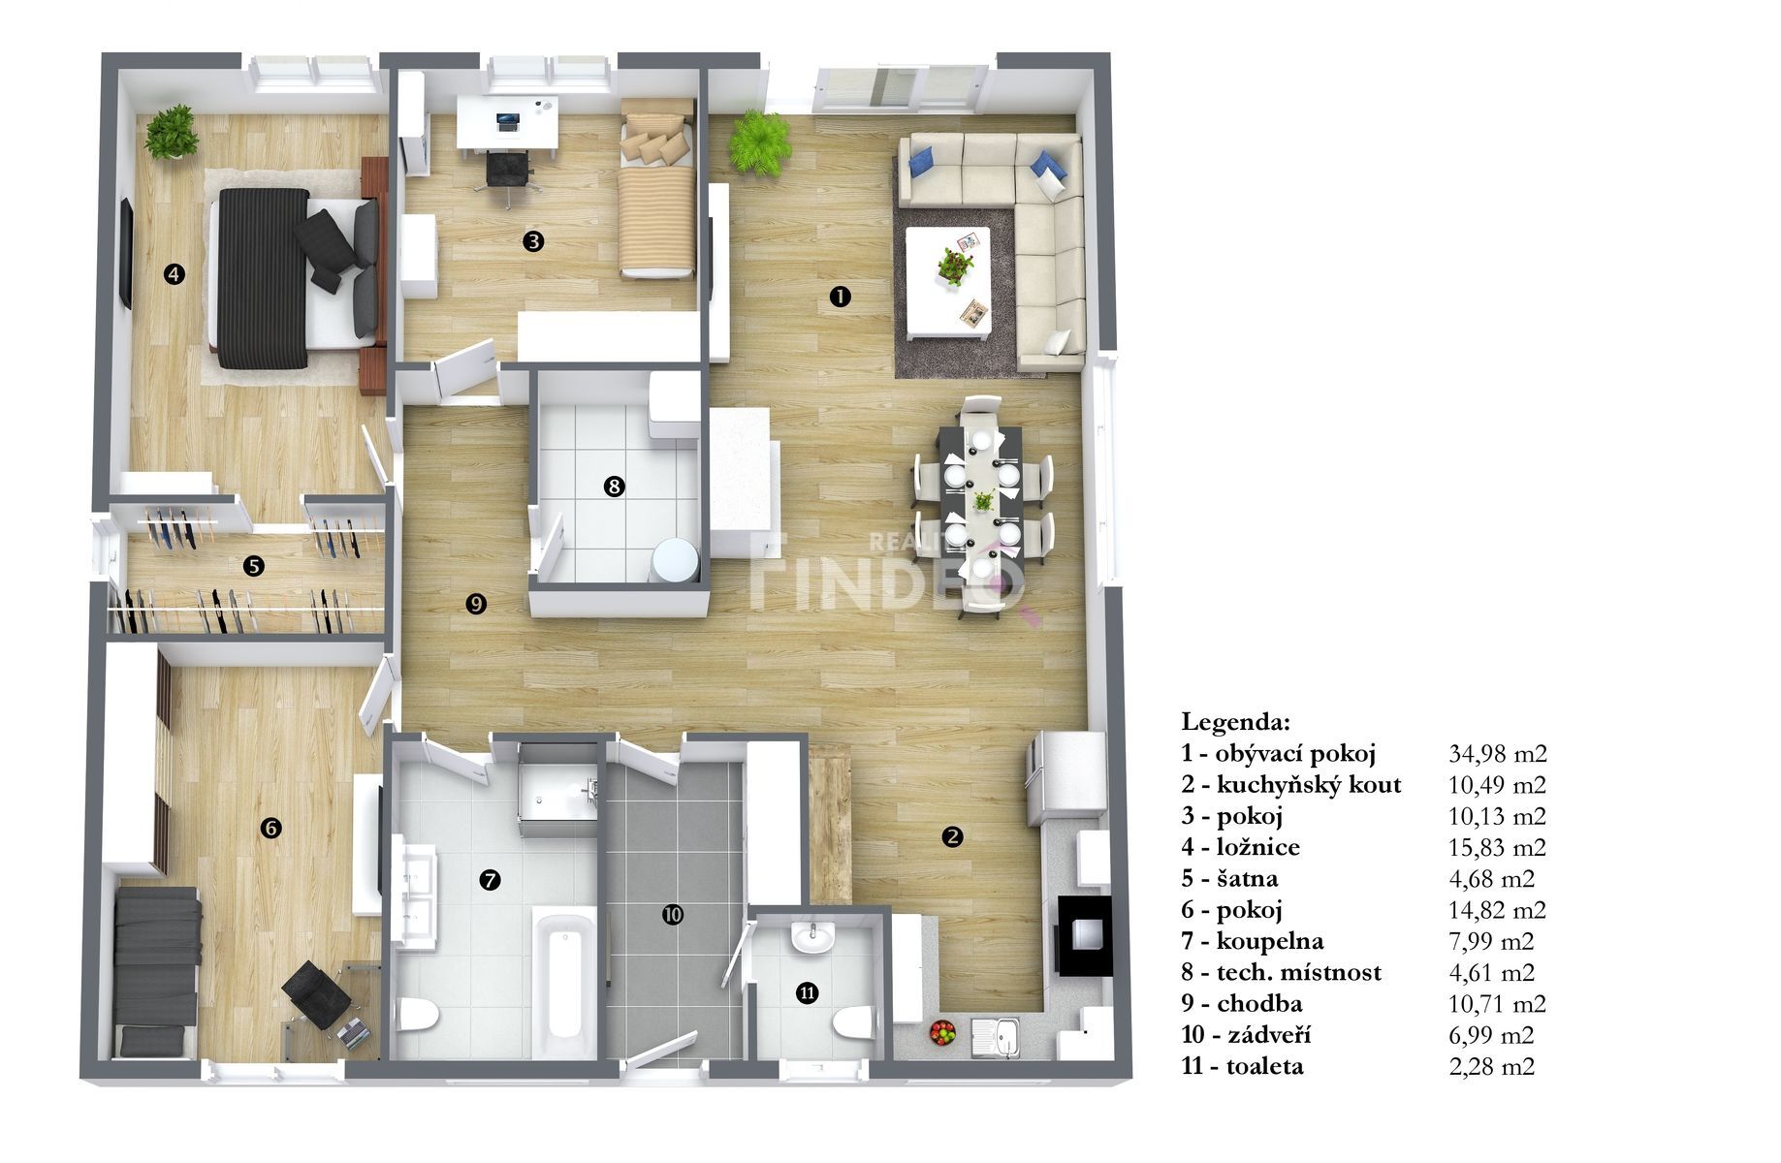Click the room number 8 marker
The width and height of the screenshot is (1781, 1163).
[613, 487]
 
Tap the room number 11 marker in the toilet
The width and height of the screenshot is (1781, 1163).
[807, 992]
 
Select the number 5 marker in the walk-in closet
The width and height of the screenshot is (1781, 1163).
[254, 566]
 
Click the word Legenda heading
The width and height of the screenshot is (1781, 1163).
[1235, 722]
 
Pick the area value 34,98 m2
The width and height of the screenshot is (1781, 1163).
[1498, 754]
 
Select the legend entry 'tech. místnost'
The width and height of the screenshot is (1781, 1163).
[1299, 973]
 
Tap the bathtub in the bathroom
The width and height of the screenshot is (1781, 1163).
[564, 982]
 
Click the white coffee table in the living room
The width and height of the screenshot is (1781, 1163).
[948, 282]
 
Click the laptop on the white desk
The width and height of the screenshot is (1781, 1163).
[507, 122]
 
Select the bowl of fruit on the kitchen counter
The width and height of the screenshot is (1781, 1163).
[942, 1032]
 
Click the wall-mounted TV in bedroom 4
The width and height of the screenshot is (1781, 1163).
[126, 254]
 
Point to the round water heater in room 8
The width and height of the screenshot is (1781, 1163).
[675, 561]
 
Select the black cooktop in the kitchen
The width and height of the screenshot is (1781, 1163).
[1084, 935]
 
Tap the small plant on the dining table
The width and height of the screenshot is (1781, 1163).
[983, 501]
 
